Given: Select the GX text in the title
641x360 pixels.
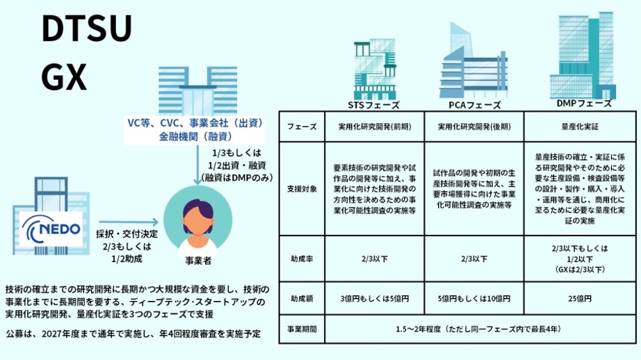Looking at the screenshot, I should coord(63,78).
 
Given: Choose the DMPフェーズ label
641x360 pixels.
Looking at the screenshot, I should coord(583,103).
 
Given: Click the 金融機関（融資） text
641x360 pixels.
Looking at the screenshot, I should coord(194,136).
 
